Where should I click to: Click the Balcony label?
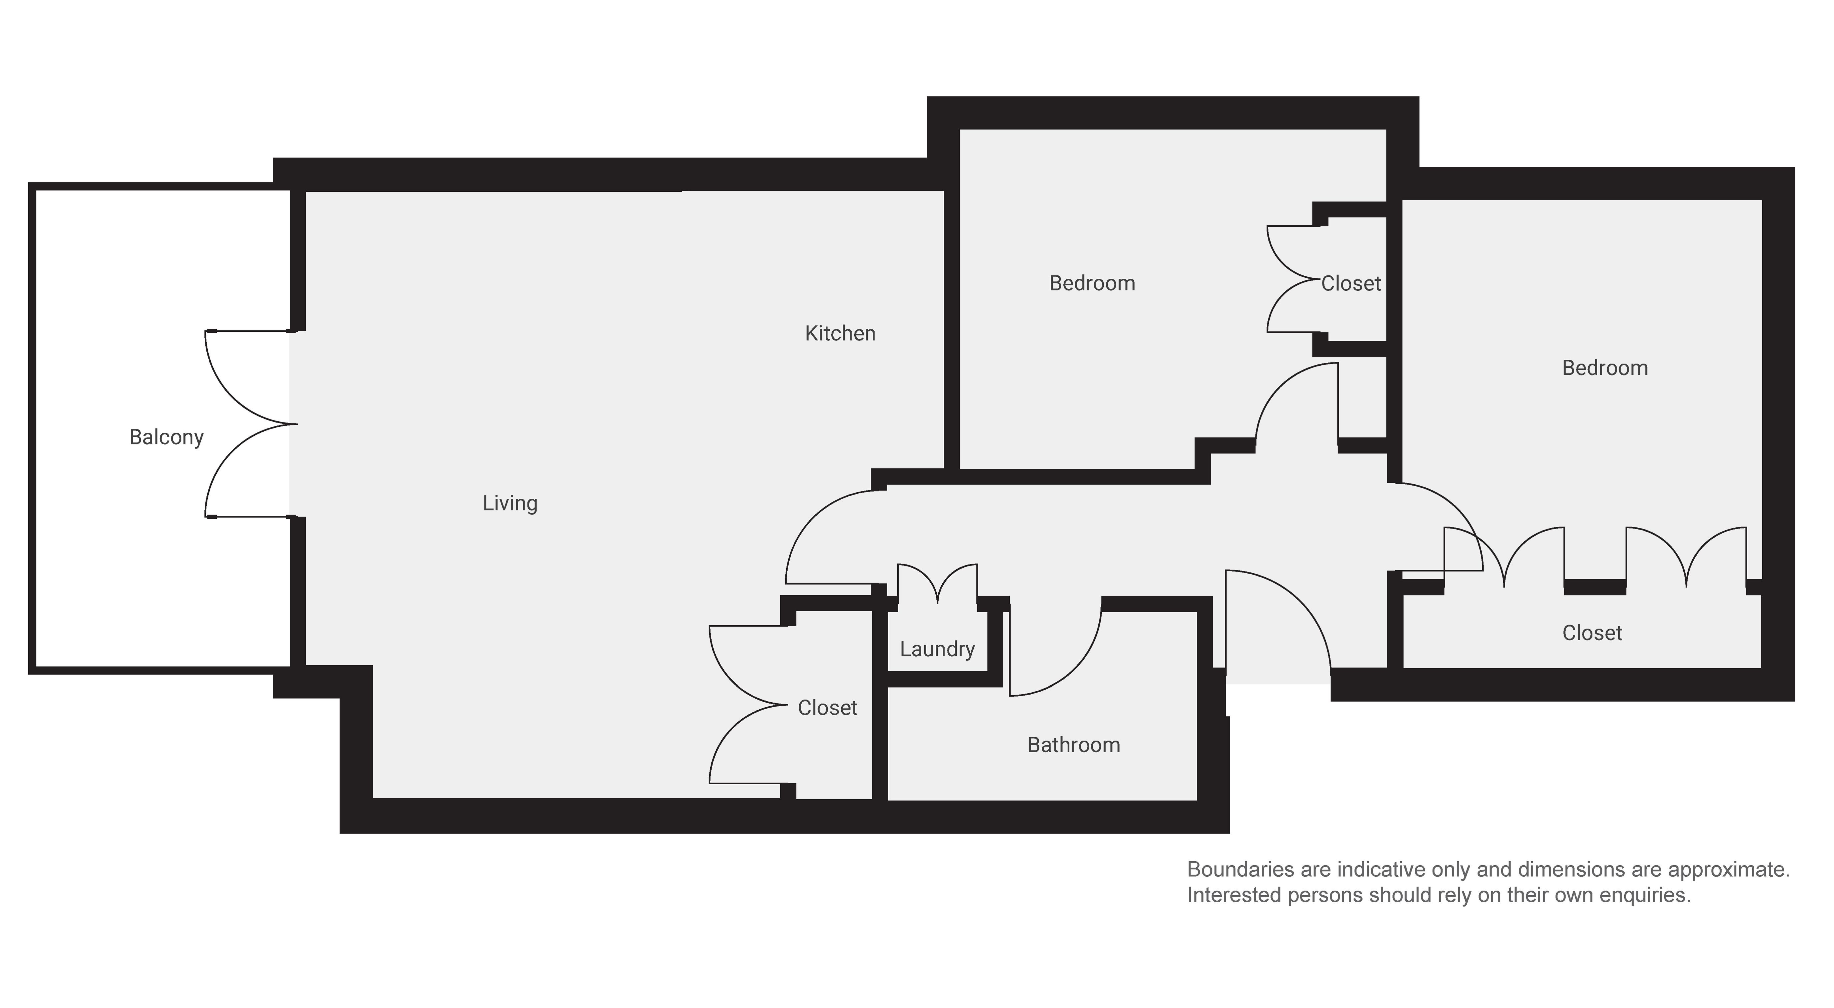(167, 437)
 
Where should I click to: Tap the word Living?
(510, 503)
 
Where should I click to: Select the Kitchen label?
(840, 333)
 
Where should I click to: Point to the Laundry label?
(937, 649)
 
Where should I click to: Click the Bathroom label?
(1074, 745)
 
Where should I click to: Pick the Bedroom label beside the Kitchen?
(1092, 283)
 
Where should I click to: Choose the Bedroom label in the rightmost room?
(1605, 368)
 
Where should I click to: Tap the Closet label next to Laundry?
(827, 708)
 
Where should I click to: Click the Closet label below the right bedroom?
(1592, 633)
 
